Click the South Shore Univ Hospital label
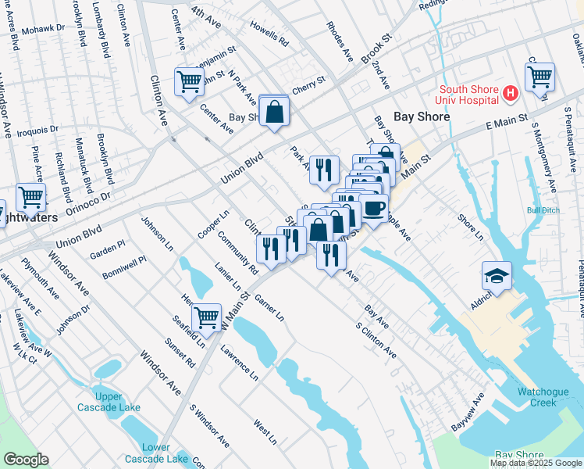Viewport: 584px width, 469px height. pos(468,94)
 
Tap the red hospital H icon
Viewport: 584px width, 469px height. pos(511,94)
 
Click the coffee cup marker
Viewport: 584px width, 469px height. pos(373,209)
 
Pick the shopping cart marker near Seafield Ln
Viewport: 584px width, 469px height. pos(206,317)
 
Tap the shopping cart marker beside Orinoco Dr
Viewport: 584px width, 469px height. pos(30,197)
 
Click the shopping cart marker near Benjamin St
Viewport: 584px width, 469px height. pos(190,81)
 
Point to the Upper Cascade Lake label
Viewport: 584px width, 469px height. pos(109,402)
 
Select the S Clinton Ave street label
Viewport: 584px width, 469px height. pos(376,341)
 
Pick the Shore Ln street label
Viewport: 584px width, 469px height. pos(471,227)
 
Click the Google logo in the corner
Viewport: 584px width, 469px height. pos(25,460)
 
